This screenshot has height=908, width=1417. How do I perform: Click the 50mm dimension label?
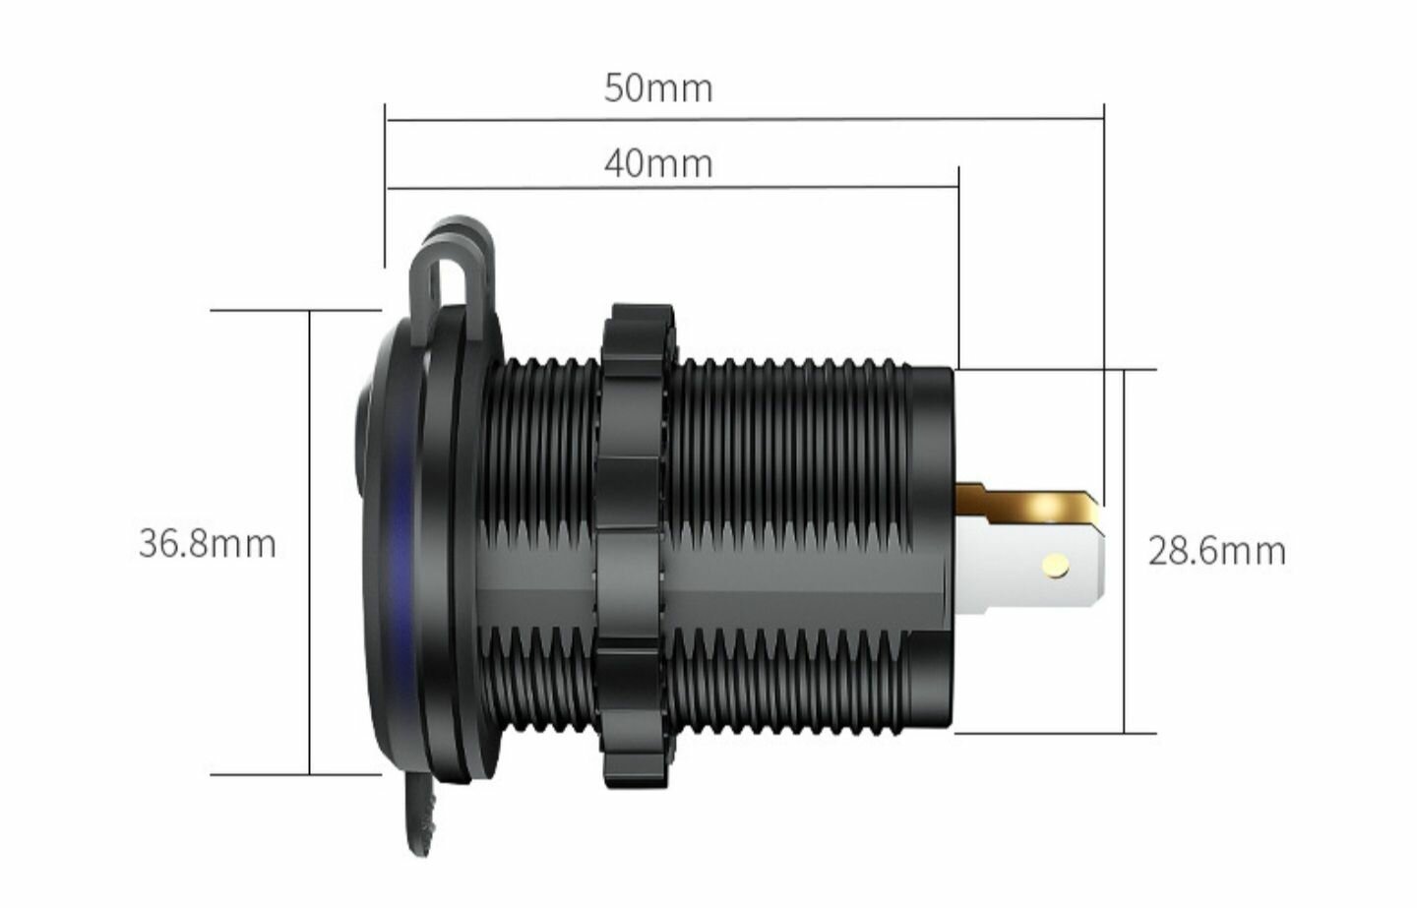coord(658,90)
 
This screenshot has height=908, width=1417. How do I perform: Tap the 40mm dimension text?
coord(658,164)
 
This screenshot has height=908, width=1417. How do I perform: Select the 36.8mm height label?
coord(208,544)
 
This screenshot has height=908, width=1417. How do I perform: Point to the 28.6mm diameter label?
coord(1217,551)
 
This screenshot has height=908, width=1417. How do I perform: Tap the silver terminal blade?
coord(1030,569)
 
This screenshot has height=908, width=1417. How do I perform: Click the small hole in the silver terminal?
coord(1057,565)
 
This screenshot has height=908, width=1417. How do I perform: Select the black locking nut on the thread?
coord(632,547)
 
